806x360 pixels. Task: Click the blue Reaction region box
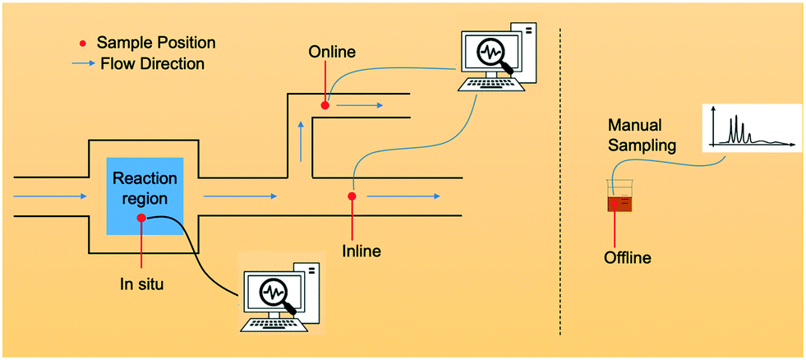145,197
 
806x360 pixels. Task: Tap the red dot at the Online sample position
325,105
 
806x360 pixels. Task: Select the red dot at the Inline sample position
352,196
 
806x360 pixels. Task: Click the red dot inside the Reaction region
141,218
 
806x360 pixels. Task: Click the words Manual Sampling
642,136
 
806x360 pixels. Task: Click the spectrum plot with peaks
750,128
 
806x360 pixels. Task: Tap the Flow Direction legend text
152,62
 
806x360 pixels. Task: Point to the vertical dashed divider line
560,181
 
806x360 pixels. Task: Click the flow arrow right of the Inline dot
402,196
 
